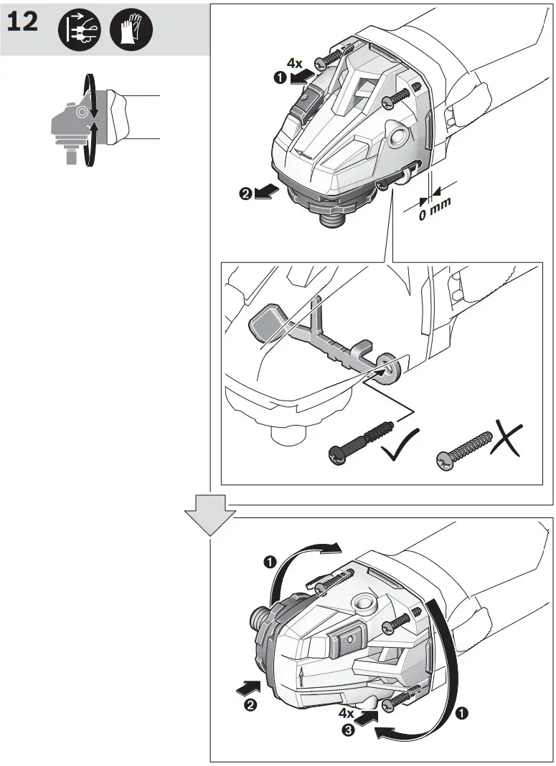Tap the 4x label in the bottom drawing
347,713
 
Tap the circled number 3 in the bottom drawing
347,732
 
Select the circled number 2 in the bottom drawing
251,705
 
